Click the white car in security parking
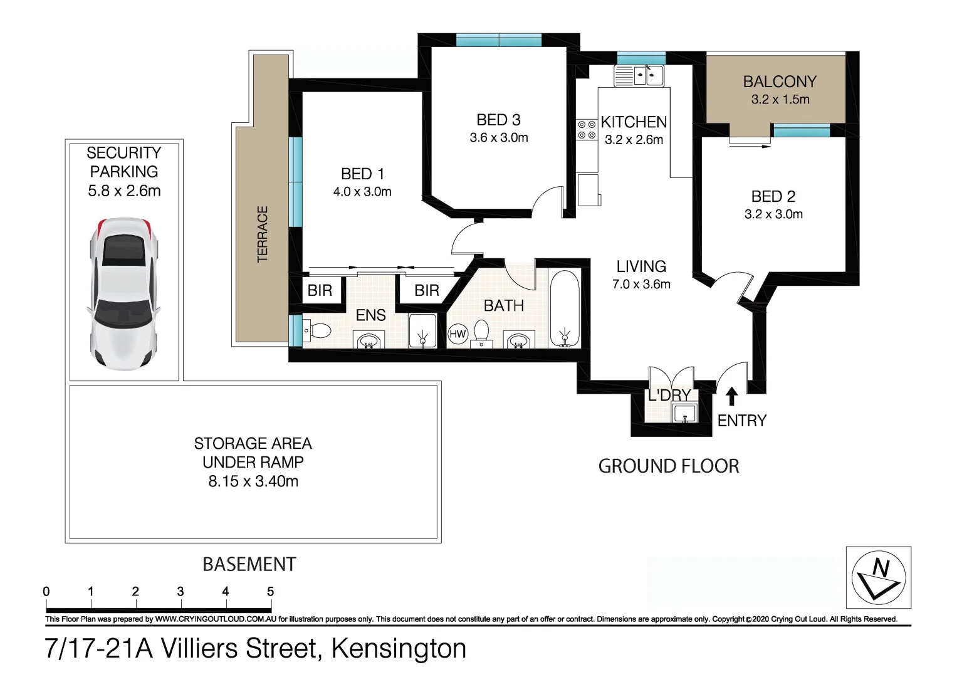point(123,293)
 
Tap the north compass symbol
point(879,577)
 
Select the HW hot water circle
point(458,334)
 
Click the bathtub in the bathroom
point(565,309)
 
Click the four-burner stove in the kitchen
point(587,130)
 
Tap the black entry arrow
point(731,397)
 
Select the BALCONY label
point(780,82)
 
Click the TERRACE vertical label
point(263,234)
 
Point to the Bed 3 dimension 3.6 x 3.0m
point(499,138)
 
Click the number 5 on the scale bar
point(271,591)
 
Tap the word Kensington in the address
point(399,648)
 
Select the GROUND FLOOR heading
point(669,466)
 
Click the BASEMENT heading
point(249,564)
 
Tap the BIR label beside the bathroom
point(427,290)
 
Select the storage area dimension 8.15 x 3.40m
point(253,481)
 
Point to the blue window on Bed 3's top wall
point(499,40)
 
